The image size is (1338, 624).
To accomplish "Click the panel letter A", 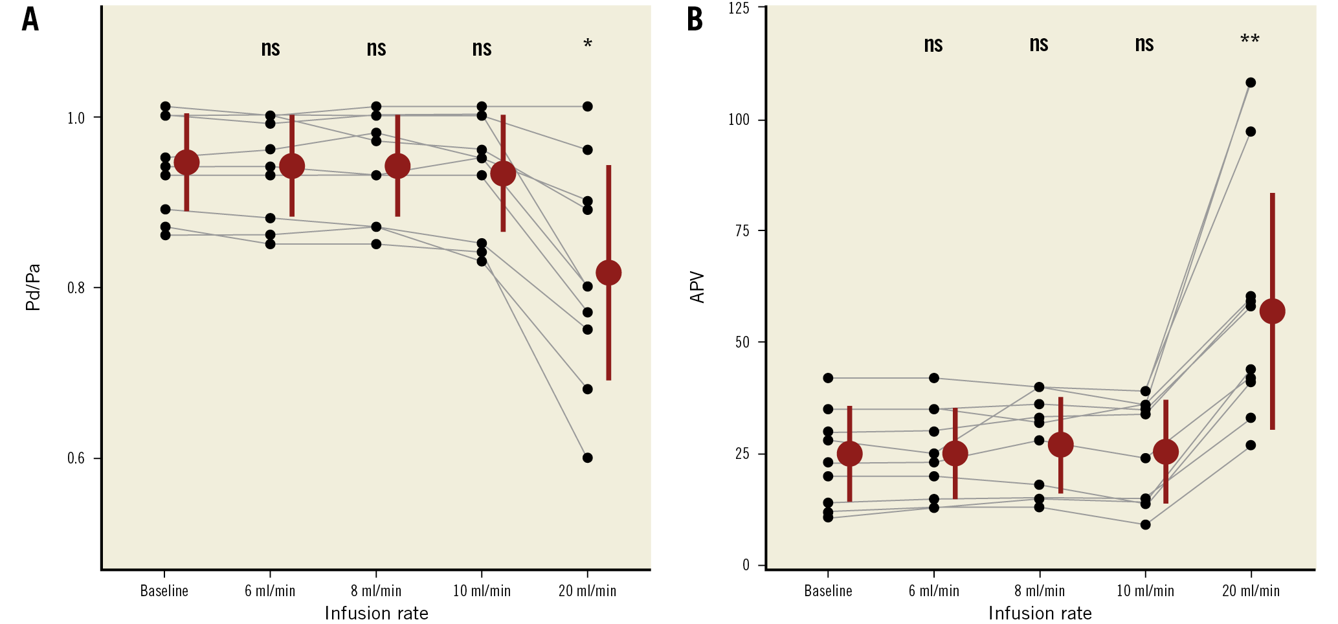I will coord(30,19).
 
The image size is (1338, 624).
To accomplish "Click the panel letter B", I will coord(695,19).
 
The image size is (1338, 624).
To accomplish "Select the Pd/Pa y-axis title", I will coord(33,287).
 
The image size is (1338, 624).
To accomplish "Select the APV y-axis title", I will coord(697,287).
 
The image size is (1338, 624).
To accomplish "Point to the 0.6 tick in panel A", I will coord(76,458).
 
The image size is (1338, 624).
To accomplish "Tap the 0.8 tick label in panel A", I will coord(76,287).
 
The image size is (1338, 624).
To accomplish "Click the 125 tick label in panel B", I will coord(739,8).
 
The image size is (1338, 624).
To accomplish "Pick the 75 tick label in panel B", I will coord(742,231).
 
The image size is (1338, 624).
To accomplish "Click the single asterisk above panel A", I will coord(587,45).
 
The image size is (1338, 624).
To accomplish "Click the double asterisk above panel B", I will coord(1249,41).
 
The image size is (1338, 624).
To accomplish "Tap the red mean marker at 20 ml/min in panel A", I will coord(608,273).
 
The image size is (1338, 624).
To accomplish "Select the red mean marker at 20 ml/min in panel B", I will coord(1272,311).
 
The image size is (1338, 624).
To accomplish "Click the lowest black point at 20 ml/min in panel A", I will coord(587,458).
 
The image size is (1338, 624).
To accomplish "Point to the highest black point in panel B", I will coord(1251,82).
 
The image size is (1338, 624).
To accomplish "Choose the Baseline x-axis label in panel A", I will coord(164,590).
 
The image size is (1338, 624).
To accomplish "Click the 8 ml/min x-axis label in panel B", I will coord(1039,590).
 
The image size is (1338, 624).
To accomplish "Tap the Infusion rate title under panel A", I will coord(376,613).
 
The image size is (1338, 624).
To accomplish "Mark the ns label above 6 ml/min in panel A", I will coord(271,48).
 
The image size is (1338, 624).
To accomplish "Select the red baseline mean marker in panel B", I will coord(849,454).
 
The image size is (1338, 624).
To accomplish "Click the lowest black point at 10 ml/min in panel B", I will coord(1145,524).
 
